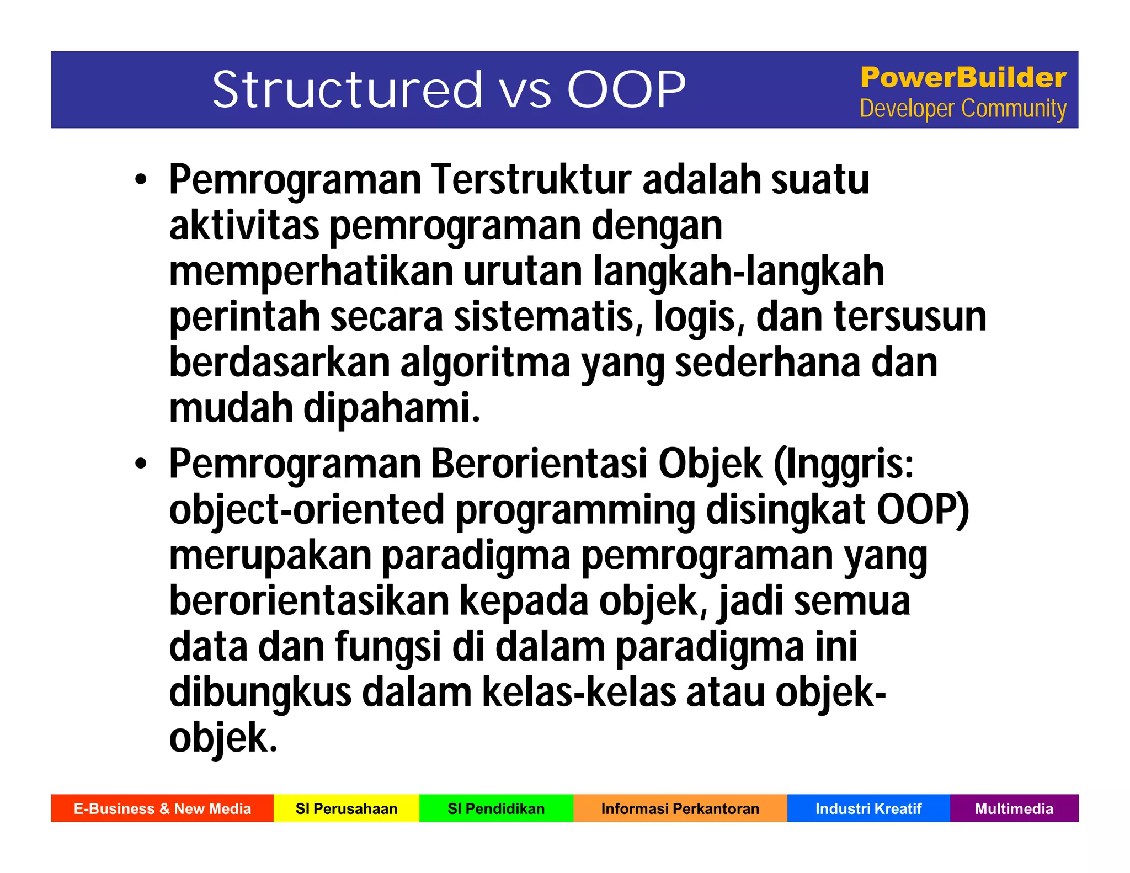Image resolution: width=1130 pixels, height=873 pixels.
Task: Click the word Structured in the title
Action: click(348, 89)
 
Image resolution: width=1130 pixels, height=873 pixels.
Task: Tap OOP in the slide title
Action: click(626, 89)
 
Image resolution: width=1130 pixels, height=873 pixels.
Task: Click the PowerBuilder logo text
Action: click(963, 77)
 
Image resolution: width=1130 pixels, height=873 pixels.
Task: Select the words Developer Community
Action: click(963, 109)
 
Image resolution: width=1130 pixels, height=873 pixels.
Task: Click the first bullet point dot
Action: click(141, 180)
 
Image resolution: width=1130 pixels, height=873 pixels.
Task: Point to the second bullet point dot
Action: click(141, 465)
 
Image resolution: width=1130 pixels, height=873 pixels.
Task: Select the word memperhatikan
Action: click(311, 272)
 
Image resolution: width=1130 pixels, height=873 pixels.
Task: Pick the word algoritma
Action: click(485, 363)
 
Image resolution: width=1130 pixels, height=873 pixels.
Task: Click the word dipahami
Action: click(392, 408)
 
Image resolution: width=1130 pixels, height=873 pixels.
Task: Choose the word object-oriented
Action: click(306, 510)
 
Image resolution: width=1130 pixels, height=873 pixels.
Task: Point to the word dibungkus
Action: click(260, 693)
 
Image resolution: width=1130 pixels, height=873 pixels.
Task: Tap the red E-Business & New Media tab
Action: click(162, 808)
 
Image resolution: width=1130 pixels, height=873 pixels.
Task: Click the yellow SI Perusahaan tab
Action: click(347, 808)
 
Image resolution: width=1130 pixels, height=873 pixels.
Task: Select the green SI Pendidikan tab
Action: click(496, 808)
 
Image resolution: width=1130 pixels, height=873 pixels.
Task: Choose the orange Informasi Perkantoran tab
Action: click(680, 808)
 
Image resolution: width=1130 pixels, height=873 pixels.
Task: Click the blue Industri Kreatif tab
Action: click(868, 808)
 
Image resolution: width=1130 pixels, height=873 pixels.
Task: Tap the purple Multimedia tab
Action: click(1014, 808)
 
